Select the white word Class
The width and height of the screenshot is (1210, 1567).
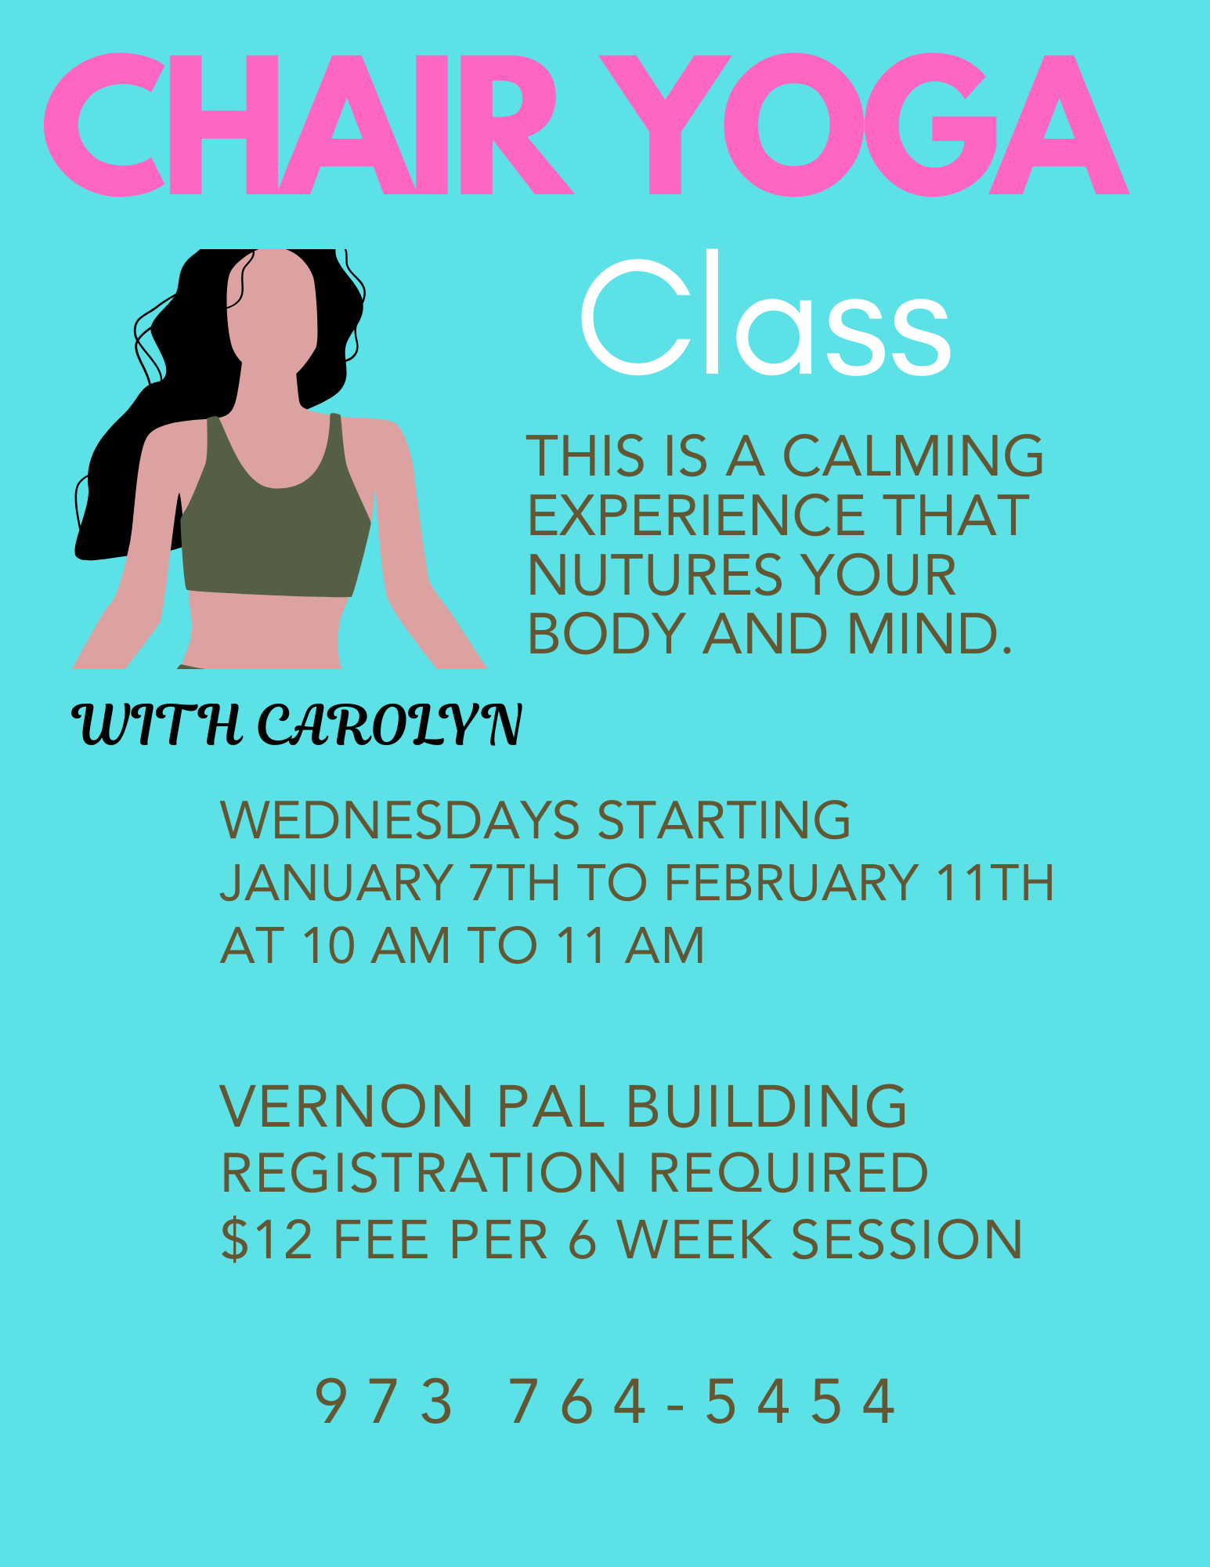point(766,317)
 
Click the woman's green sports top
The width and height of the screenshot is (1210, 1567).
point(274,533)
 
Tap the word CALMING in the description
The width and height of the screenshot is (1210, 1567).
point(913,456)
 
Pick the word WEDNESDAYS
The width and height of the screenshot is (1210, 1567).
point(400,820)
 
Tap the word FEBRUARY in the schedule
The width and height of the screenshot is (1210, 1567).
point(792,883)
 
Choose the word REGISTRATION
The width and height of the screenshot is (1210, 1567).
point(424,1173)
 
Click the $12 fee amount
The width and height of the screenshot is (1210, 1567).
point(267,1239)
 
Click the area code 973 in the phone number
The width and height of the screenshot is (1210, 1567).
point(384,1402)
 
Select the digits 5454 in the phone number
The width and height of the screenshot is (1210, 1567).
point(800,1402)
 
